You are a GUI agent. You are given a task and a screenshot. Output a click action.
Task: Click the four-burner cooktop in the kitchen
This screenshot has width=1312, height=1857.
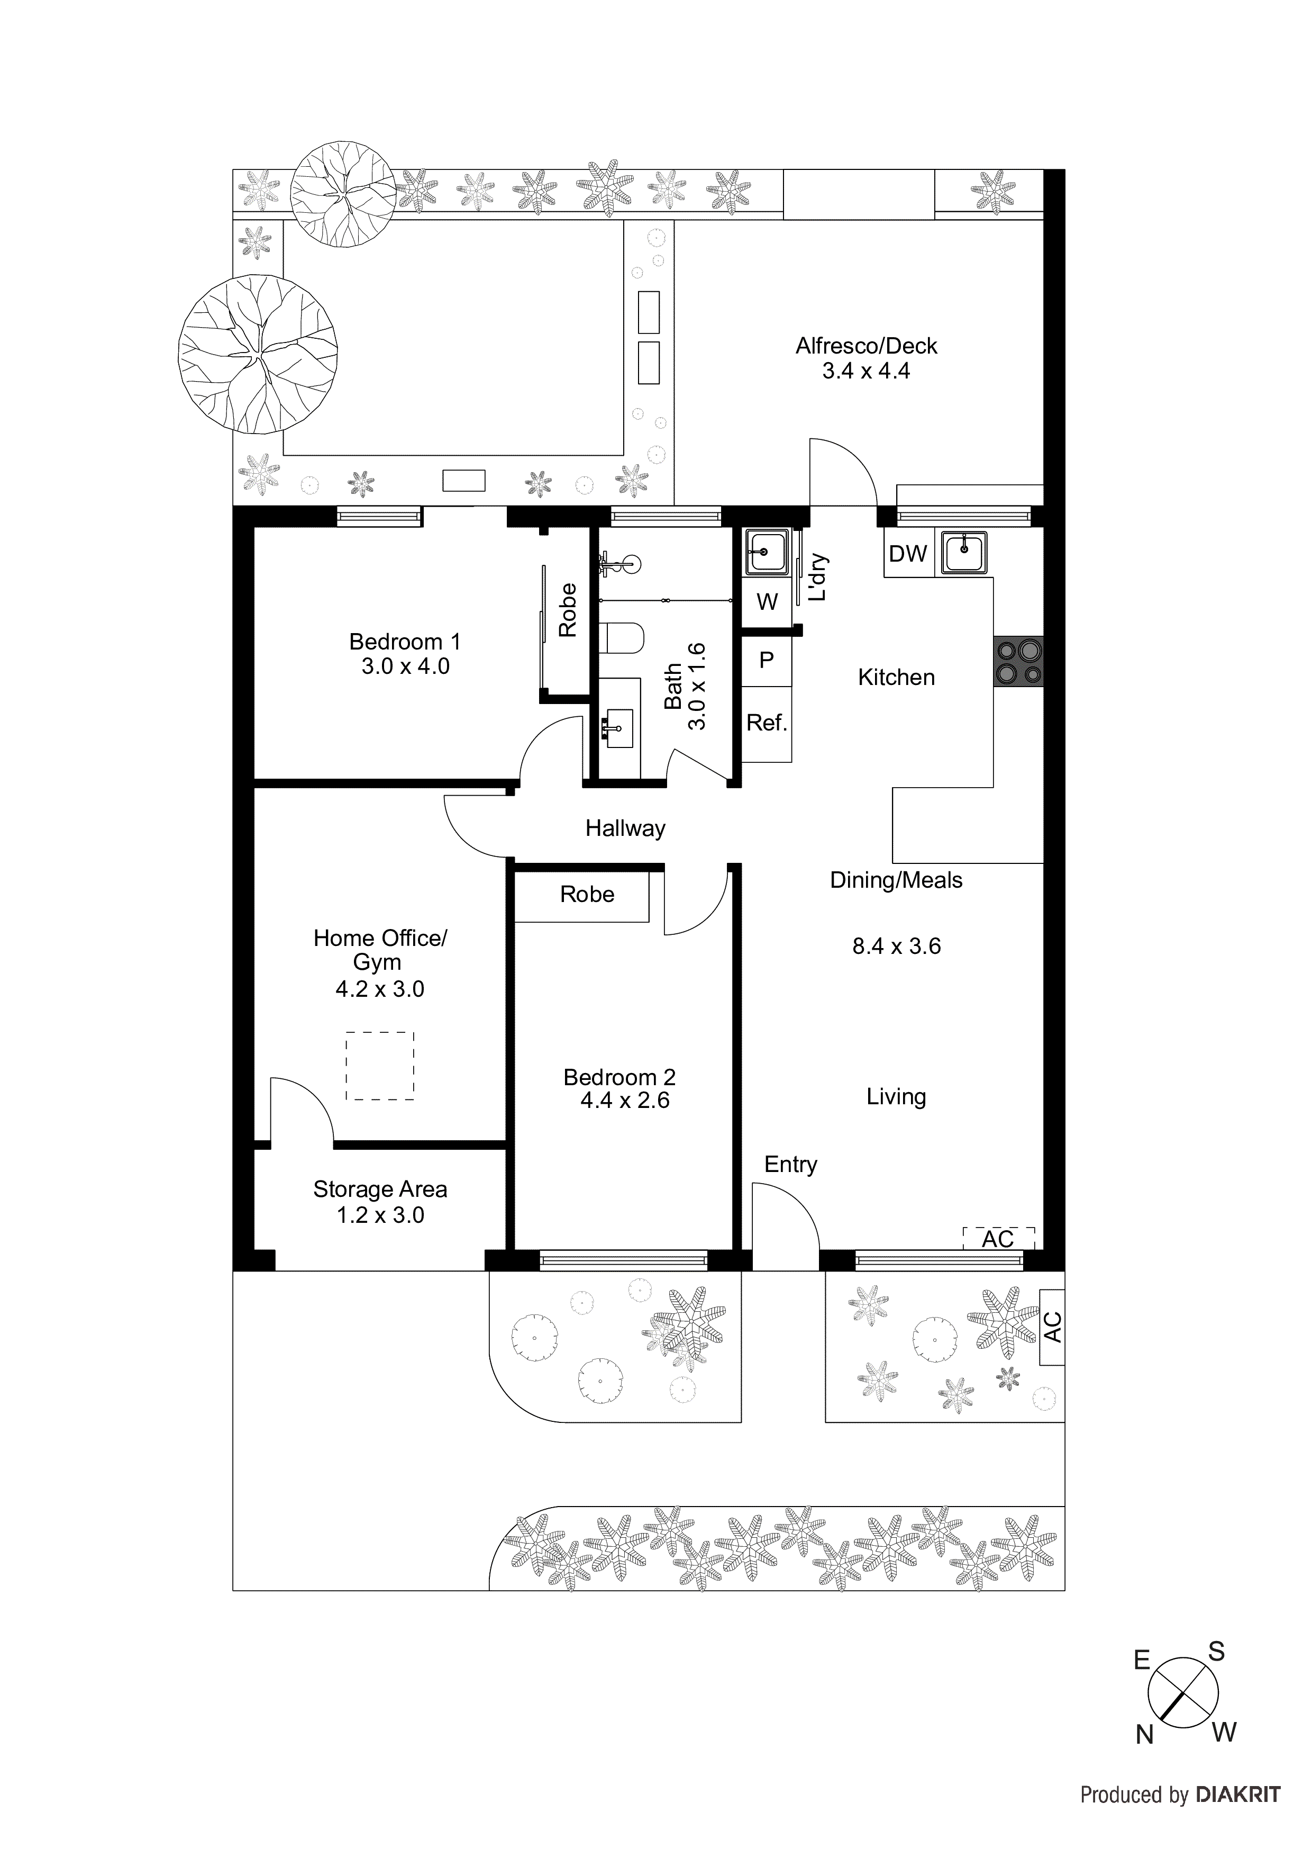click(x=1018, y=662)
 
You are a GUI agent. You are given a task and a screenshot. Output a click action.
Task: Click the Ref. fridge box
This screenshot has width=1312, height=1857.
click(x=767, y=723)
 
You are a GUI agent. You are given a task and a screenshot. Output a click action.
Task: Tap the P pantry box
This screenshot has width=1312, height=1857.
click(x=767, y=660)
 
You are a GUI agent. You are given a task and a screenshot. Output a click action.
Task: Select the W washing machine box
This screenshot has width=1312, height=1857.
click(x=767, y=602)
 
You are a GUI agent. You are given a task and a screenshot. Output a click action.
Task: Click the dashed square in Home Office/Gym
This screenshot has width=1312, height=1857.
click(x=380, y=1065)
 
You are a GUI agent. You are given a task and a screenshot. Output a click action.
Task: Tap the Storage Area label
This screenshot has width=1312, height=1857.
click(x=380, y=1190)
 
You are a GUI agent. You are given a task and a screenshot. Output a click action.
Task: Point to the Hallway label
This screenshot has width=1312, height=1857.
click(x=625, y=828)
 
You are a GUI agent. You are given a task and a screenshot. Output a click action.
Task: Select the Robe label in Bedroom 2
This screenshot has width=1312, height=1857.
click(x=587, y=895)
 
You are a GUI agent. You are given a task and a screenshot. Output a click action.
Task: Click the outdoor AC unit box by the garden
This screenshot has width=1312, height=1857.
click(x=1052, y=1327)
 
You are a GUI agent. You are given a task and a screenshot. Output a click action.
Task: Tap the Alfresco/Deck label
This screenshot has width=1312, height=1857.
click(x=866, y=346)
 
